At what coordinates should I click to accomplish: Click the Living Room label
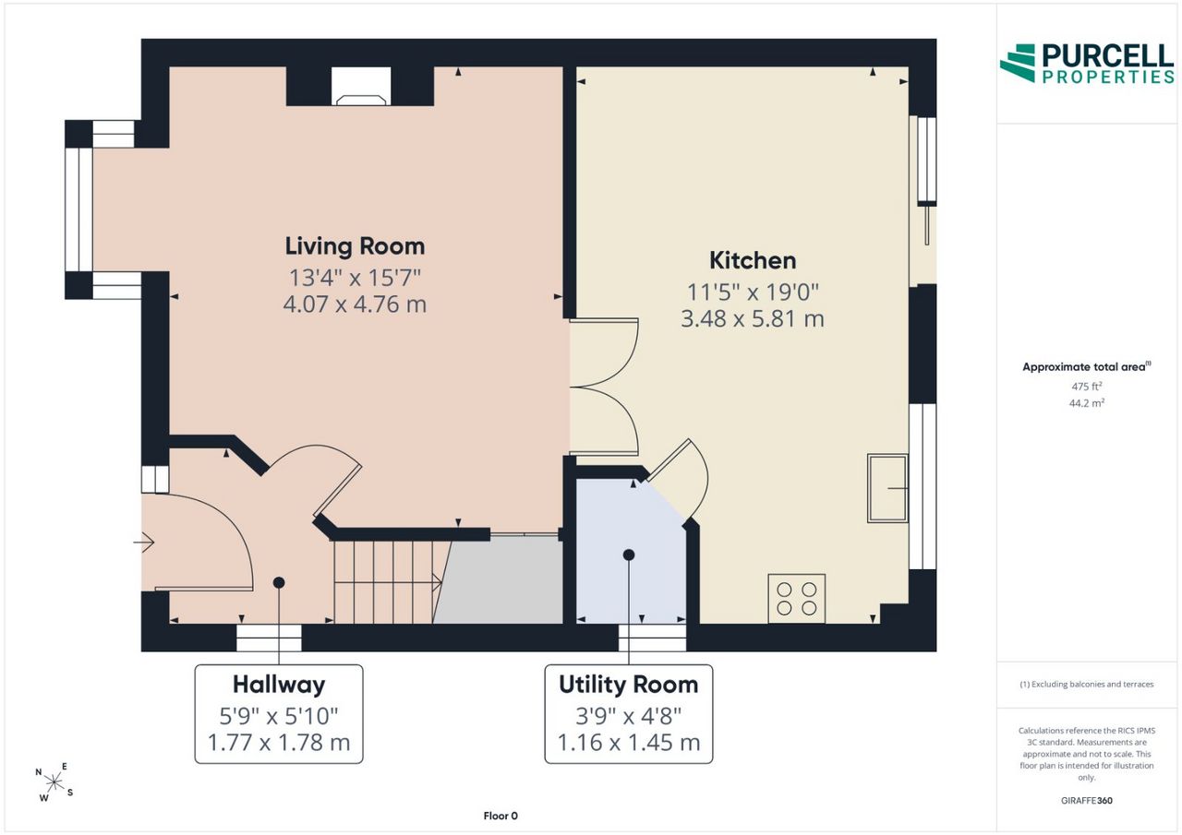coord(355,246)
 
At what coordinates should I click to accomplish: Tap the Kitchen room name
coord(753,260)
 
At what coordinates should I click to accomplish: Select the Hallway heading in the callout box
coord(279,685)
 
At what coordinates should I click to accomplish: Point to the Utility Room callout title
coord(629,685)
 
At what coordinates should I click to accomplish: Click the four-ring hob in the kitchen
coord(796,598)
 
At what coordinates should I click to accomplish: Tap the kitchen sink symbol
coord(887,488)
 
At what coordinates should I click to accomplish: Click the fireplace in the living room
coord(361,87)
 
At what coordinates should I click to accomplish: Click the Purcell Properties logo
coord(1087,64)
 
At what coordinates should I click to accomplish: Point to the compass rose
coord(54,782)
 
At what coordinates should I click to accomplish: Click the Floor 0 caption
coord(501,816)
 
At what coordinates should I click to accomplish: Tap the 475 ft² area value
coord(1087,387)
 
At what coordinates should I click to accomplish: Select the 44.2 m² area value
coord(1087,403)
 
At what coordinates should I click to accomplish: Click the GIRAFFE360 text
coord(1087,800)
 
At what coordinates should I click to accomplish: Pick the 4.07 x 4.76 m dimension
coord(355,304)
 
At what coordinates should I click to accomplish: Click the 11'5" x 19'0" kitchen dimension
coord(753,292)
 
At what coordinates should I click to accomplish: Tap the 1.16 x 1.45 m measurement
coord(629,743)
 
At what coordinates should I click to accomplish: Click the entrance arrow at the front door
coord(143,542)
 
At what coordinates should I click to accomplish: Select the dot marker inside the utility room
coord(629,555)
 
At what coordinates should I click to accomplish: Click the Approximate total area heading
coord(1087,367)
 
